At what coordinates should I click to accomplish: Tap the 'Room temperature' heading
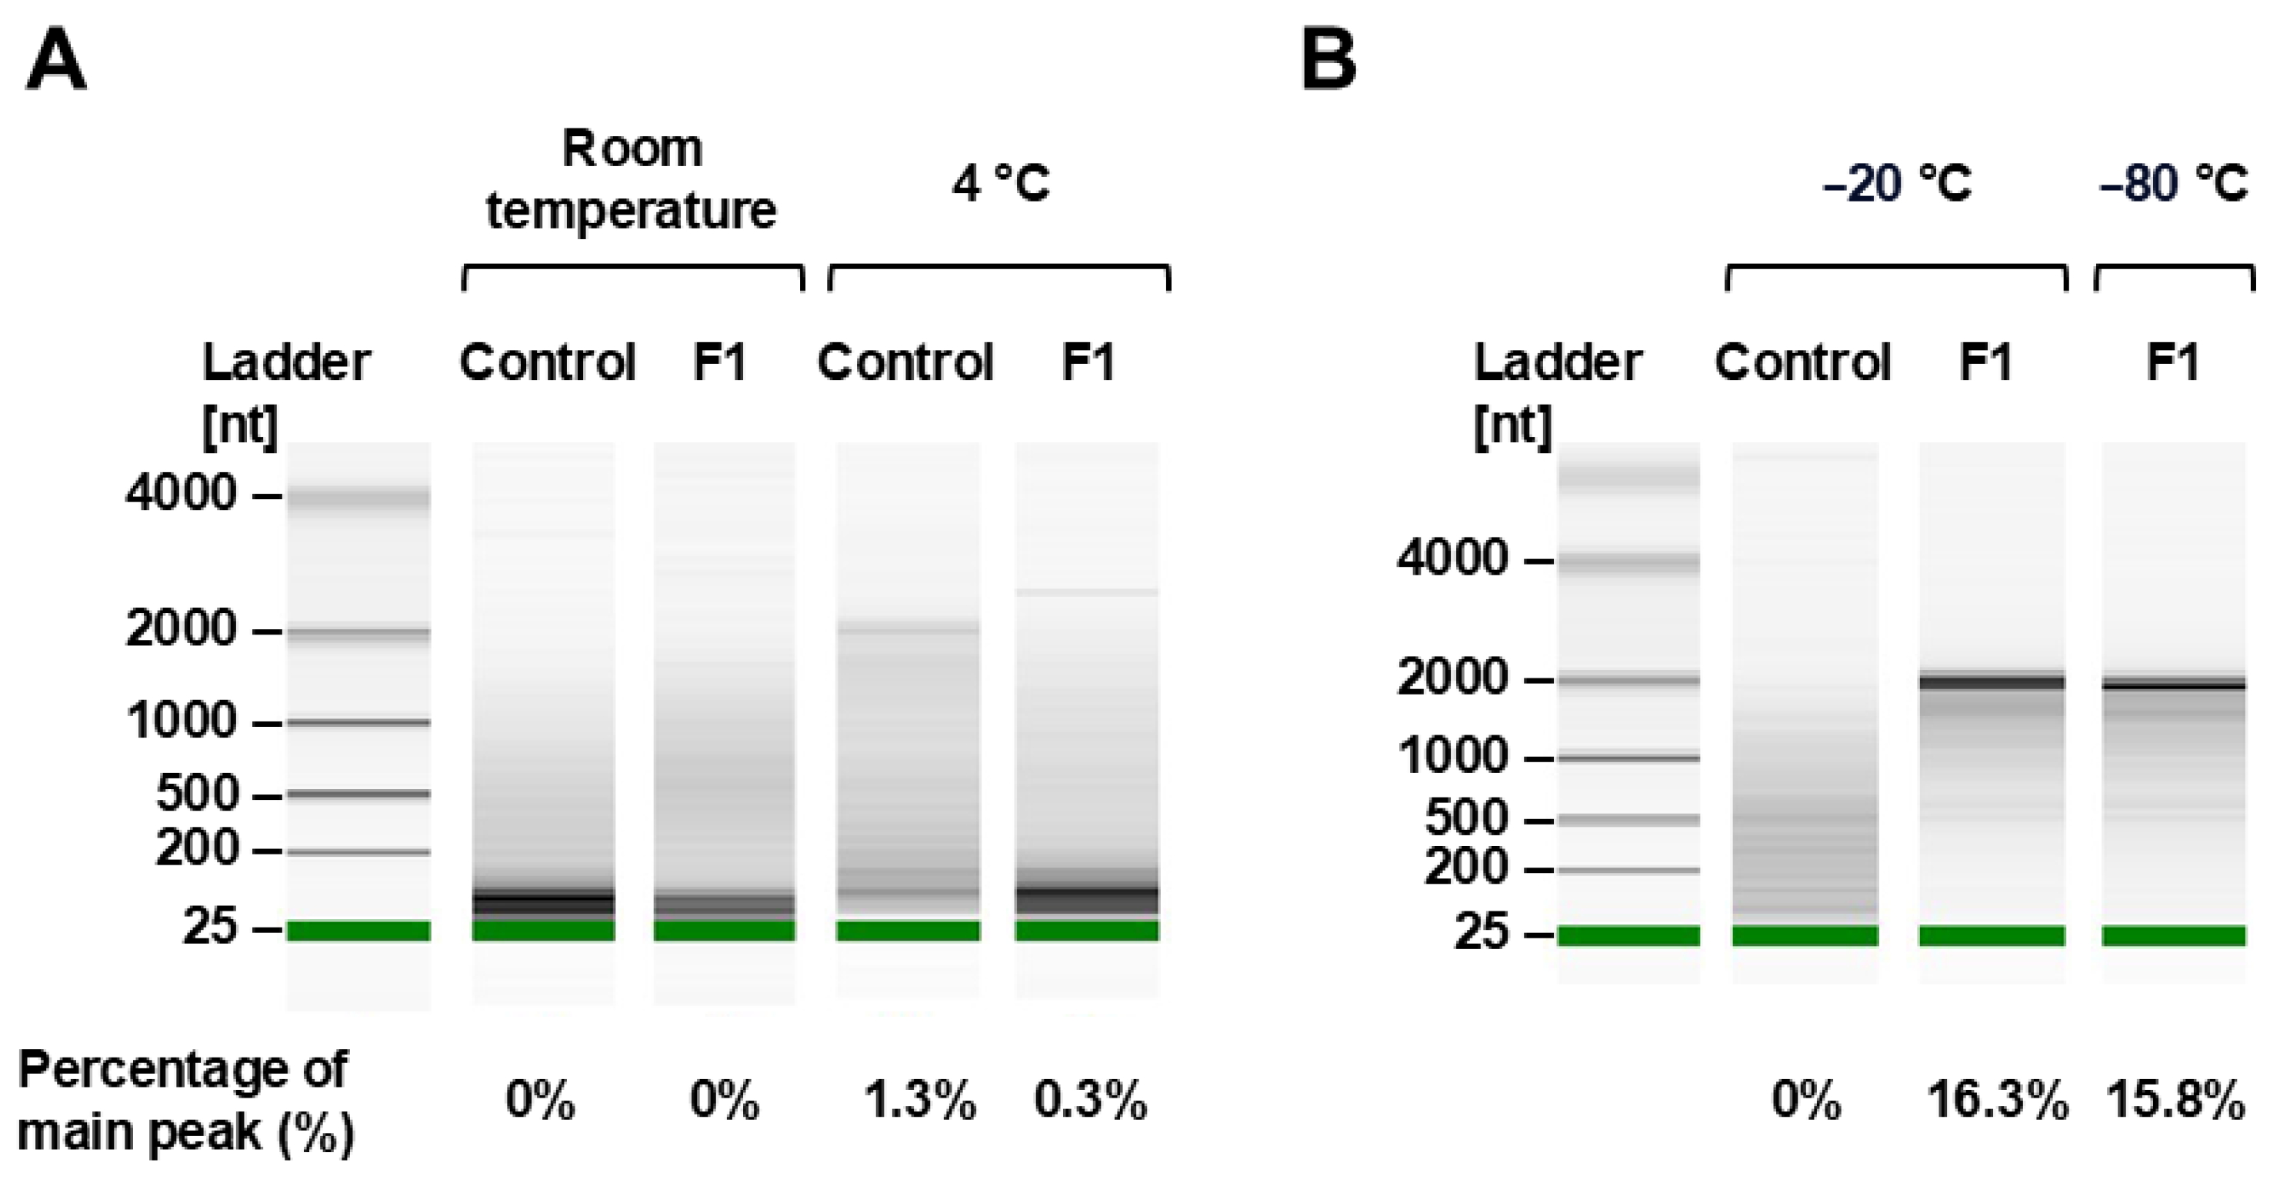point(631,180)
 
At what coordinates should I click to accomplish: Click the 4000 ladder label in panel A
point(182,493)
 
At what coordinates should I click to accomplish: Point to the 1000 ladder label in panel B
point(1452,756)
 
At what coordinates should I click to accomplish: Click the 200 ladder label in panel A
point(196,850)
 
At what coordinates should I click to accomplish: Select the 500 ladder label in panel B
point(1465,818)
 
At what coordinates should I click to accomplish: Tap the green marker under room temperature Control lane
point(542,930)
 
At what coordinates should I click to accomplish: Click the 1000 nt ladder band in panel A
point(358,722)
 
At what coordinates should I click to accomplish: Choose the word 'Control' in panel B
point(1803,362)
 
